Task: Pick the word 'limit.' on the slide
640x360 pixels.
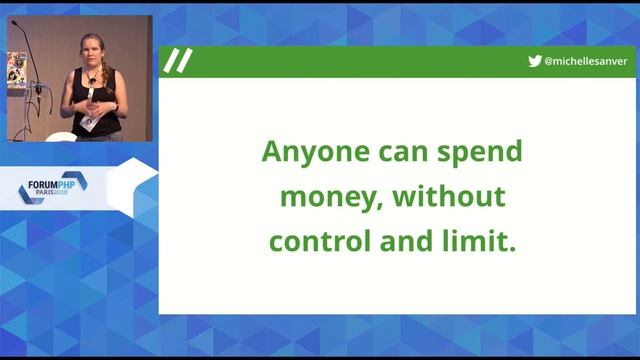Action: coord(477,241)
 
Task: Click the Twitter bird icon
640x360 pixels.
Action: coord(535,62)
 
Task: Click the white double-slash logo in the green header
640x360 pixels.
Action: coord(178,62)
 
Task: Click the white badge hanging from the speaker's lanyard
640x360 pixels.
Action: coord(88,121)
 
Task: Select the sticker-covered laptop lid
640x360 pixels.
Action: coord(15,69)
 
